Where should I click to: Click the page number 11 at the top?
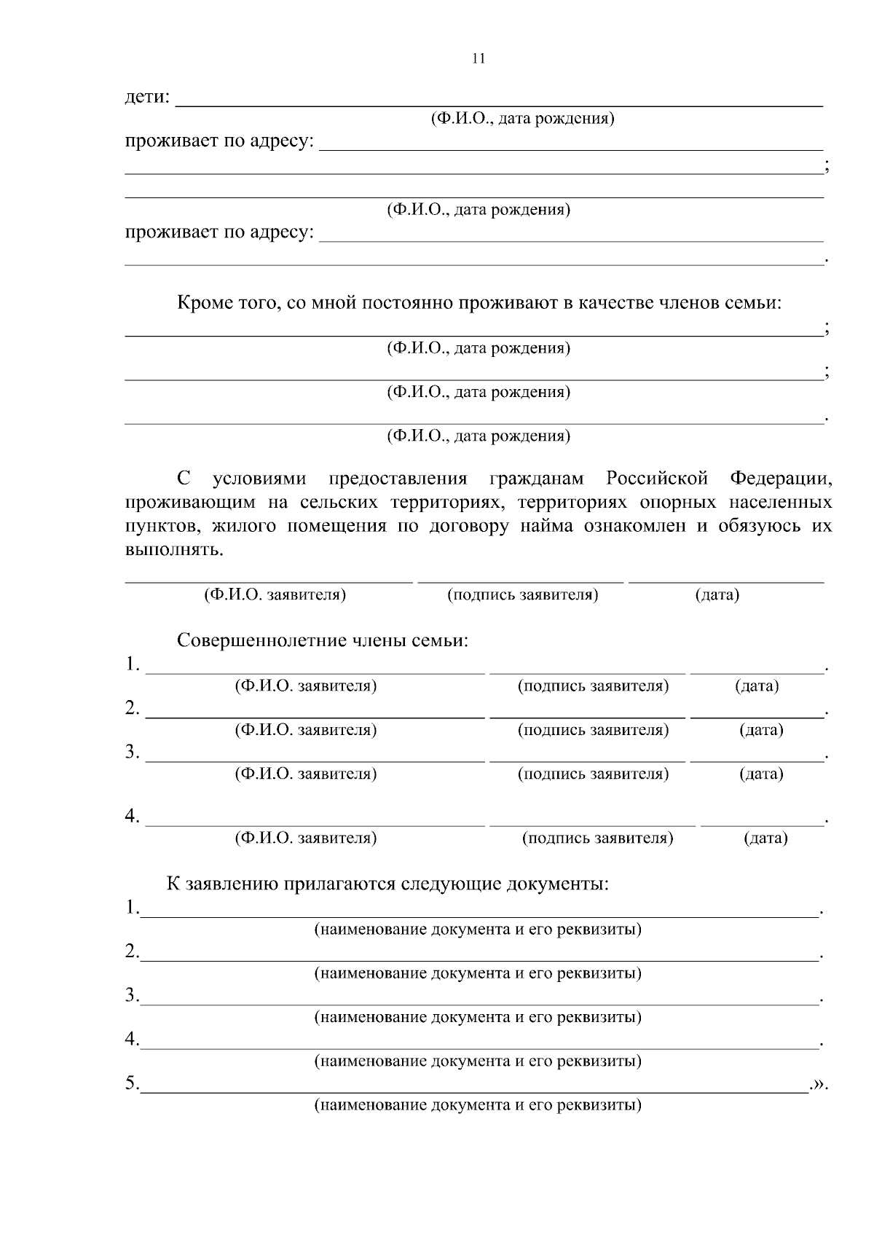coord(479,59)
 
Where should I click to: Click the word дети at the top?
coord(146,97)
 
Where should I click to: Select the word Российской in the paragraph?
coord(657,479)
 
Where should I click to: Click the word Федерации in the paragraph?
coord(781,479)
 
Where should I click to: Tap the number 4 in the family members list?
coord(131,817)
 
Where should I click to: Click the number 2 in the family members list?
coord(131,707)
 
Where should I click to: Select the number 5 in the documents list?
coord(130,1083)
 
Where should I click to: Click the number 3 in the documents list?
coord(130,995)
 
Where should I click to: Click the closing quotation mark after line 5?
coord(821,1084)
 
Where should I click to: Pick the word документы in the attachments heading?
coord(557,884)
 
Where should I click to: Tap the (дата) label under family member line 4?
coord(765,839)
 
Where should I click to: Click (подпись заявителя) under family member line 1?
coord(593,686)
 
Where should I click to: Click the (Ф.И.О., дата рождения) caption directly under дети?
coord(522,119)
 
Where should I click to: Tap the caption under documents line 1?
coord(478,930)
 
